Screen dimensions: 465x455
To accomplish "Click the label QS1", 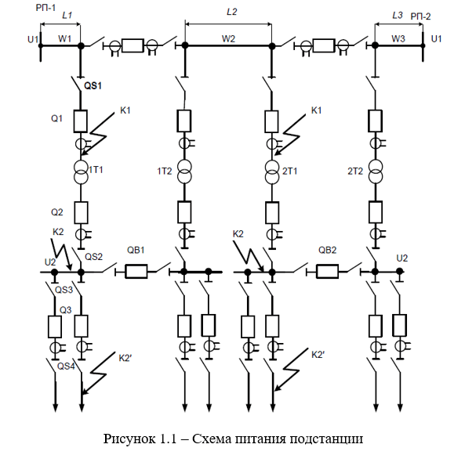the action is [93, 86].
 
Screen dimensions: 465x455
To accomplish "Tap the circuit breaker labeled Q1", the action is [80, 121].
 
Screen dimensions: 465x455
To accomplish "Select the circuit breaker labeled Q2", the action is [81, 213].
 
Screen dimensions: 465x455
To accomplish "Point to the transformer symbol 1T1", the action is [81, 172].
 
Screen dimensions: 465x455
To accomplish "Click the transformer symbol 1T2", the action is [184, 172].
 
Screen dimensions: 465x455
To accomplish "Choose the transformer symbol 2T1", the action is [272, 172].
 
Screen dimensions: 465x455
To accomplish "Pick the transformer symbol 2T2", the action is [376, 172].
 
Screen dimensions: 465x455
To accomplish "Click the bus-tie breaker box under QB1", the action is [136, 271].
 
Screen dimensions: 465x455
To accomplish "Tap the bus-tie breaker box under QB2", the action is [328, 271].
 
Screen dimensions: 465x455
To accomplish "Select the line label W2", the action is [228, 39].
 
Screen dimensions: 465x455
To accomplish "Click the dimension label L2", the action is [231, 12].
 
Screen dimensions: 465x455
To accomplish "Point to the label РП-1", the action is [45, 7].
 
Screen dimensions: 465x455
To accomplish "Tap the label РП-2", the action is [420, 16].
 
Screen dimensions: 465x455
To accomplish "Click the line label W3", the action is [398, 39].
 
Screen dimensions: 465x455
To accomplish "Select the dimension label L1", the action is [67, 15].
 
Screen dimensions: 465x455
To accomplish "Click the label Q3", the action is [66, 310].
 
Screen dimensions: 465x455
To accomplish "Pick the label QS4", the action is [66, 367].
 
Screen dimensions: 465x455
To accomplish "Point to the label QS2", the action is [94, 257].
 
